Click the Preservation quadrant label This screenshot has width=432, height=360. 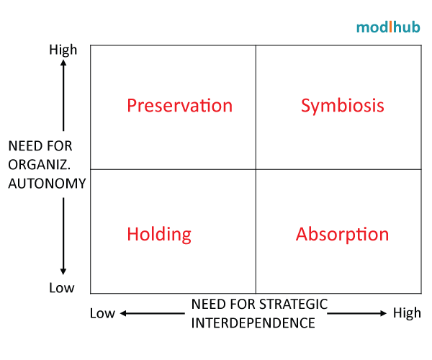(179, 106)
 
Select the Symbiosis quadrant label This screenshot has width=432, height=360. (342, 106)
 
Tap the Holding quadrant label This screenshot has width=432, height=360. (159, 234)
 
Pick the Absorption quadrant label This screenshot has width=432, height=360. (342, 234)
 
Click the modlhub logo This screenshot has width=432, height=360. (387, 27)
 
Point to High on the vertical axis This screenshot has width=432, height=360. (63, 50)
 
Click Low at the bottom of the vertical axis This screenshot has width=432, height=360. (61, 288)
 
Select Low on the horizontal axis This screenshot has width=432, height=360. (102, 313)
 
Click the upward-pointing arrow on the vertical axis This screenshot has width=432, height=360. (63, 94)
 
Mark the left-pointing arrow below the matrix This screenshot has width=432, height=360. (150, 313)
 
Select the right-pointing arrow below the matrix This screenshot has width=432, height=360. (357, 313)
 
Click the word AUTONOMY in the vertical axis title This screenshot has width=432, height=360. (47, 183)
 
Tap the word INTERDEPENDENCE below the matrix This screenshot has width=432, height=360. (253, 323)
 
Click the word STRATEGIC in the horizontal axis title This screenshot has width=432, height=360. (294, 305)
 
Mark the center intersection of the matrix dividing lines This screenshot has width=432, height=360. (256, 169)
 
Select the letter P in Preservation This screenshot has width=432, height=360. (132, 106)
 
